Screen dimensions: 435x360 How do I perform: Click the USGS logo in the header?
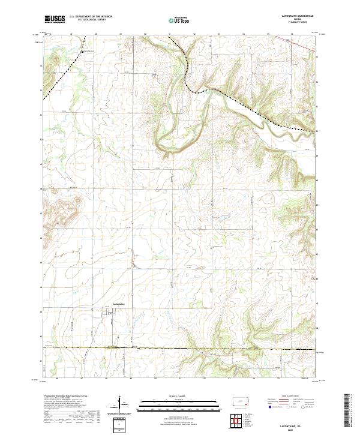[x=54, y=19]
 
